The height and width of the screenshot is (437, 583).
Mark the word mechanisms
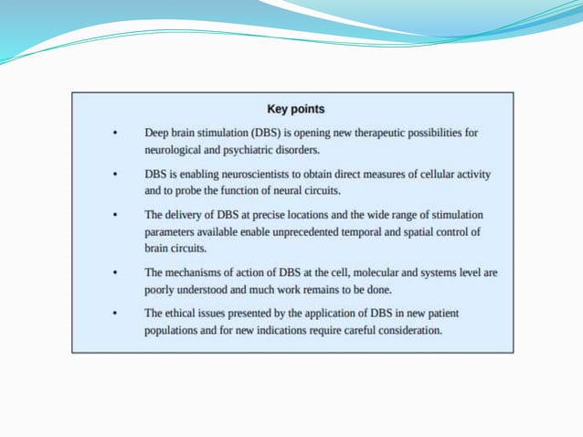point(198,273)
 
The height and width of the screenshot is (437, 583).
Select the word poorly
point(162,290)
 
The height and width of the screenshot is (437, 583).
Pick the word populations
point(176,330)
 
